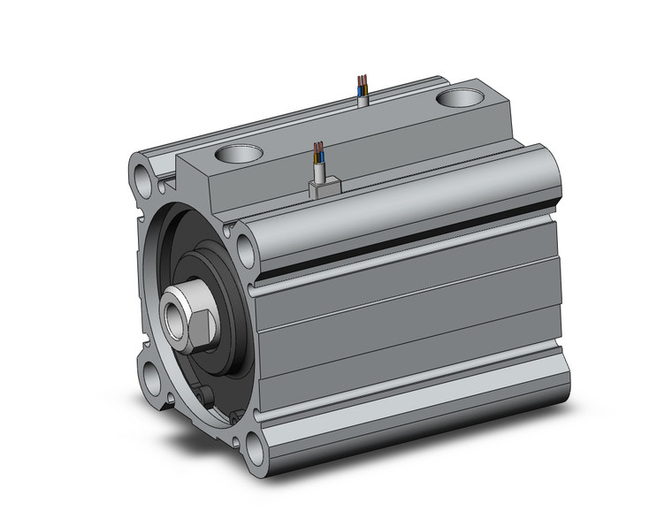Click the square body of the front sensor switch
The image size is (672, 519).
coord(323,187)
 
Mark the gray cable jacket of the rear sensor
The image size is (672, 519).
coord(363,97)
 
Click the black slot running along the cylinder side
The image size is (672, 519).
coord(407,237)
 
